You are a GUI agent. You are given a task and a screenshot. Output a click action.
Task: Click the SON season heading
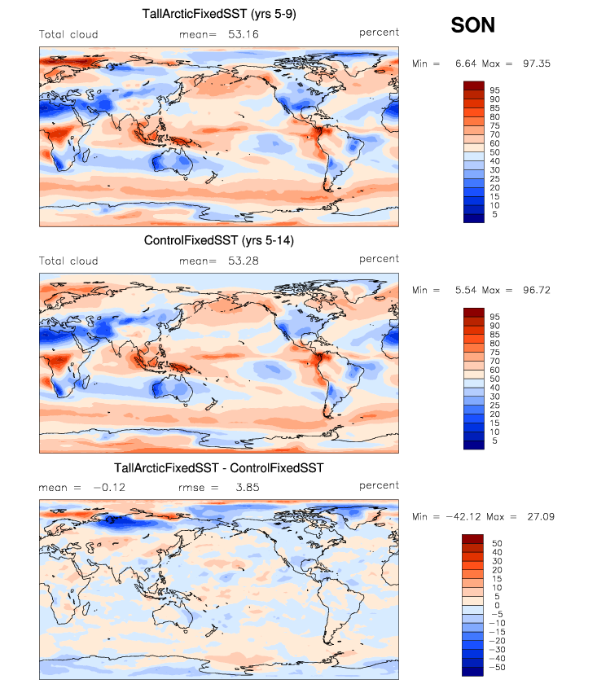[473, 26]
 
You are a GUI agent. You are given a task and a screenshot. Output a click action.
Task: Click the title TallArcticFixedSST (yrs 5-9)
[218, 14]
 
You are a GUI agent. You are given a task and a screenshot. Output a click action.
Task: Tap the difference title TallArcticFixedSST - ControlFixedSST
[218, 467]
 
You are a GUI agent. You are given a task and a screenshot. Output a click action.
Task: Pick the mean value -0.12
[108, 488]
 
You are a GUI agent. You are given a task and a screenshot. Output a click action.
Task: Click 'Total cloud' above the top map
[68, 34]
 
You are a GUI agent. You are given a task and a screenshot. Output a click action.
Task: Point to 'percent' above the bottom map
[380, 484]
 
